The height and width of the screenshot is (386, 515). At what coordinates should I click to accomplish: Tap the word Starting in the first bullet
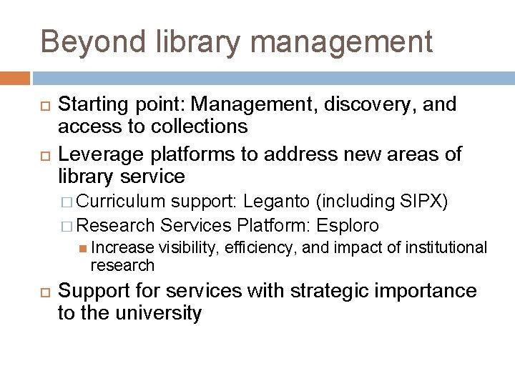(88, 105)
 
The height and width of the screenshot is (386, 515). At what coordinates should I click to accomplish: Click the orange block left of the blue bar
(15, 78)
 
